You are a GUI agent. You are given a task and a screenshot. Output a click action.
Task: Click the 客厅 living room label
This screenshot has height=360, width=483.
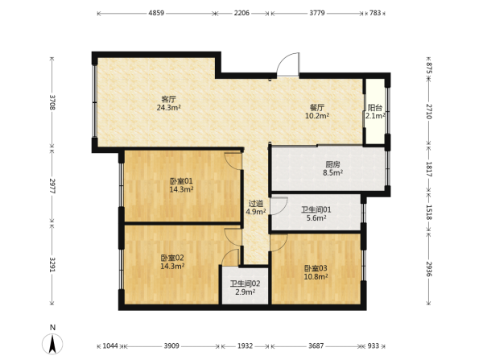(169, 99)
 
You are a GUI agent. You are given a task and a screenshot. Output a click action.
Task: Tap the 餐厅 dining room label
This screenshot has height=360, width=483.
(317, 108)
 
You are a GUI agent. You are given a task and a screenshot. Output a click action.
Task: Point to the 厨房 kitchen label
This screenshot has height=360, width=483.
(332, 164)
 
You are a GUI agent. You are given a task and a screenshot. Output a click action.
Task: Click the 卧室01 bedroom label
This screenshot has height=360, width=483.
(181, 181)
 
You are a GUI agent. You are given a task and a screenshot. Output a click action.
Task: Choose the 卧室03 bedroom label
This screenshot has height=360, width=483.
(316, 268)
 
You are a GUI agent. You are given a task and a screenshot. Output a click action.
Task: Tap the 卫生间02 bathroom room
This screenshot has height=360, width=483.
(246, 286)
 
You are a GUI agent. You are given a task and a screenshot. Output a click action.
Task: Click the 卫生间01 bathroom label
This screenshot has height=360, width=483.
(316, 210)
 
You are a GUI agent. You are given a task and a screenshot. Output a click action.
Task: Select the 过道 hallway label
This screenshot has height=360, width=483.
(256, 204)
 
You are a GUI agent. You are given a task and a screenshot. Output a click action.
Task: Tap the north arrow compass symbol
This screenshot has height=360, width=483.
(52, 344)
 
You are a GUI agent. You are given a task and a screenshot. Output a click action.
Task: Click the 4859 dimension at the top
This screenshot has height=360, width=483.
(156, 13)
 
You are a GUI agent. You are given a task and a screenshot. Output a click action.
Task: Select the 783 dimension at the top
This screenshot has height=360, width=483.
(375, 13)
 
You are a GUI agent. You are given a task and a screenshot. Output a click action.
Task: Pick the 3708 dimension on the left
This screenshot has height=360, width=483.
(52, 102)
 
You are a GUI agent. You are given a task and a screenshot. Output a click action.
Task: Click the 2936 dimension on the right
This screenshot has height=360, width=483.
(429, 268)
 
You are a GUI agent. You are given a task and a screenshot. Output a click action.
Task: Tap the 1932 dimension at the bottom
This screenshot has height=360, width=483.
(246, 346)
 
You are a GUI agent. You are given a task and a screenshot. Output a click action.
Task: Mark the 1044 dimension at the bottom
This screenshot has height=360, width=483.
(110, 346)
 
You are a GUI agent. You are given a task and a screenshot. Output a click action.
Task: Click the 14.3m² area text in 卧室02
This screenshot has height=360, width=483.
(172, 266)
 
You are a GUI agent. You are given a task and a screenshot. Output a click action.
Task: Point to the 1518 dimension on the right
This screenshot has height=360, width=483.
(429, 213)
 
